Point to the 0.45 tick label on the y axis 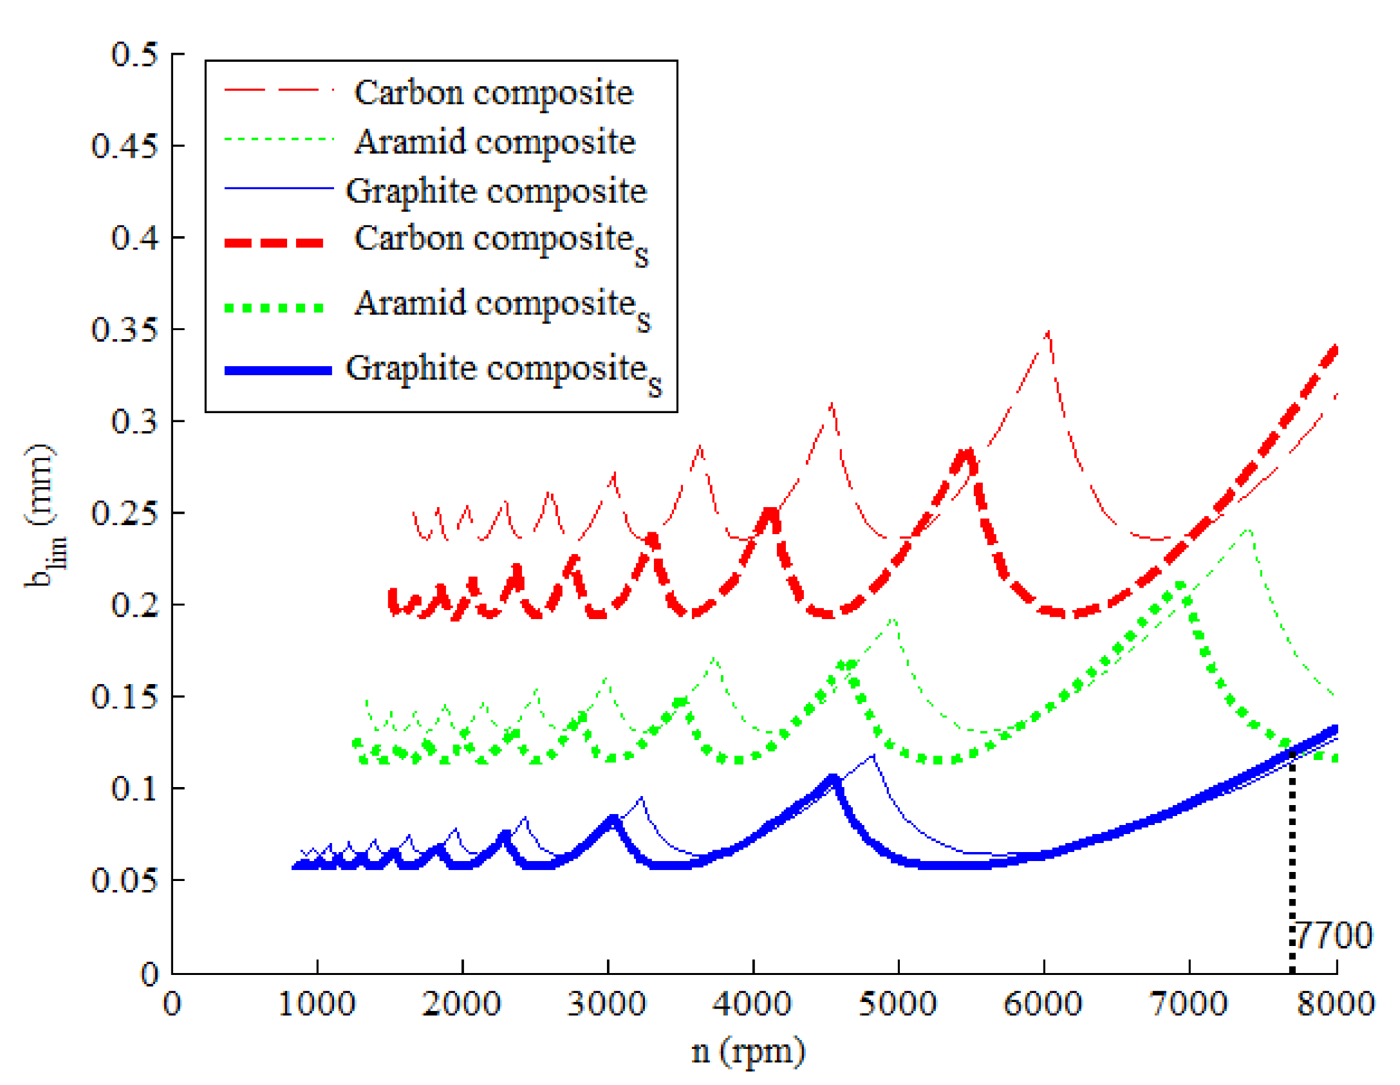[x=124, y=145]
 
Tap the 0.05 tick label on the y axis [x=124, y=880]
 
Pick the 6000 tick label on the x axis [x=1043, y=1004]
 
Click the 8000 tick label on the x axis [x=1335, y=1004]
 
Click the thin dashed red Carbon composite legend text [x=494, y=93]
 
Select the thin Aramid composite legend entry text [x=495, y=142]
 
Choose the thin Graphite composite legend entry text [x=496, y=191]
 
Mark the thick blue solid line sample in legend [x=278, y=371]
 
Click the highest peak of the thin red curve [x=1049, y=333]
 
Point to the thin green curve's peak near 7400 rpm [x=1249, y=531]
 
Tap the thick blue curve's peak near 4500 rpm [x=833, y=779]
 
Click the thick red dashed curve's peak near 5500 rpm [x=966, y=452]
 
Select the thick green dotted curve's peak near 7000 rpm [x=1181, y=586]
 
